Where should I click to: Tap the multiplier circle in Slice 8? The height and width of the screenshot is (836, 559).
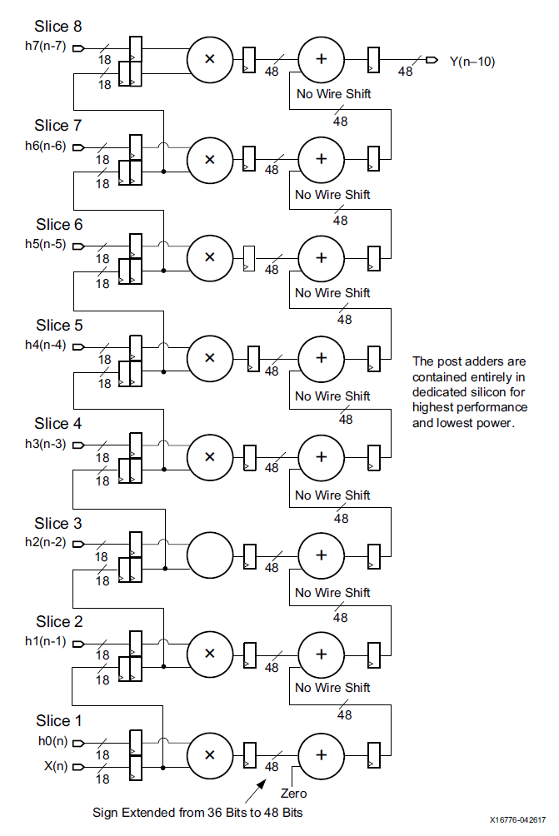[x=210, y=59]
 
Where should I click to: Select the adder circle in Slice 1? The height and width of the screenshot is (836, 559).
[x=321, y=755]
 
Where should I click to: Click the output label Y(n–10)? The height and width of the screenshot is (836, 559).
[x=472, y=61]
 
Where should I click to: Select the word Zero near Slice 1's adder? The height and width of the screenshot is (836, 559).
[x=293, y=794]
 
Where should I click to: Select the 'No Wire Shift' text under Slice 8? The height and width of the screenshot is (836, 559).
[x=333, y=94]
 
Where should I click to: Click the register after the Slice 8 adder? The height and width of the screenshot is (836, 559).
[x=374, y=59]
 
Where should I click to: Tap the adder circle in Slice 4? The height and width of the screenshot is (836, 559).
[x=321, y=457]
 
